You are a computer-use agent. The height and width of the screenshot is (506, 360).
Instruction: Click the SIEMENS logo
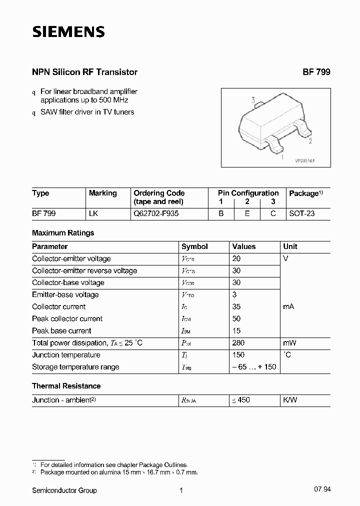coord(68,32)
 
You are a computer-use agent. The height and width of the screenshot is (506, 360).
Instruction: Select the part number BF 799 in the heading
coord(316,72)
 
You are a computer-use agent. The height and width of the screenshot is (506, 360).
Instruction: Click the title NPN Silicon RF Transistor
coord(84,72)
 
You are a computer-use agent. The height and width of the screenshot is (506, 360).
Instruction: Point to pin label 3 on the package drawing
coord(253,100)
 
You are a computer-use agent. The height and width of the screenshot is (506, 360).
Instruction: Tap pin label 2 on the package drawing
coord(310,141)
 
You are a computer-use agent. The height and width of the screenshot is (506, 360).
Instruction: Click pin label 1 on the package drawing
coord(283,157)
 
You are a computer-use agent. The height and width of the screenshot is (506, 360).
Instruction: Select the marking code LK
coord(93,213)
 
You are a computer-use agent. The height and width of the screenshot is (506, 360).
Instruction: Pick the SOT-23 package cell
coord(302,213)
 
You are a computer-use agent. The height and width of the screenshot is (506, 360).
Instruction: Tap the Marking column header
coord(102,193)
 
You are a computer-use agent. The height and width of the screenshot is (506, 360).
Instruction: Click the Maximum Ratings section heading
coord(63,232)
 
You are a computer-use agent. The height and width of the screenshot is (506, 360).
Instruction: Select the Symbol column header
coord(194,246)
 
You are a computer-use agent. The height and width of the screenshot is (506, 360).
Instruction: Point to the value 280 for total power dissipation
coord(238,343)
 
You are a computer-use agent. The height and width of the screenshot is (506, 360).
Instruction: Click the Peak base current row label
coord(61,330)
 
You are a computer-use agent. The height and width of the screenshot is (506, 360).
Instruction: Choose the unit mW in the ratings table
coord(289,343)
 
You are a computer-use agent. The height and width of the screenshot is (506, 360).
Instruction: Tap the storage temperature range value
coord(254,367)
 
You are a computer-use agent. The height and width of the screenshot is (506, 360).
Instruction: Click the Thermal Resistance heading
coord(66,386)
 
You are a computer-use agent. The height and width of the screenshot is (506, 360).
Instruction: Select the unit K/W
coord(290,400)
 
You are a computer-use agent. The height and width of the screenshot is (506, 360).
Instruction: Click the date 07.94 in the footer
coord(323,490)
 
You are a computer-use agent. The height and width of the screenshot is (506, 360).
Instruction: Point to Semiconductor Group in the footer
coord(64,490)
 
